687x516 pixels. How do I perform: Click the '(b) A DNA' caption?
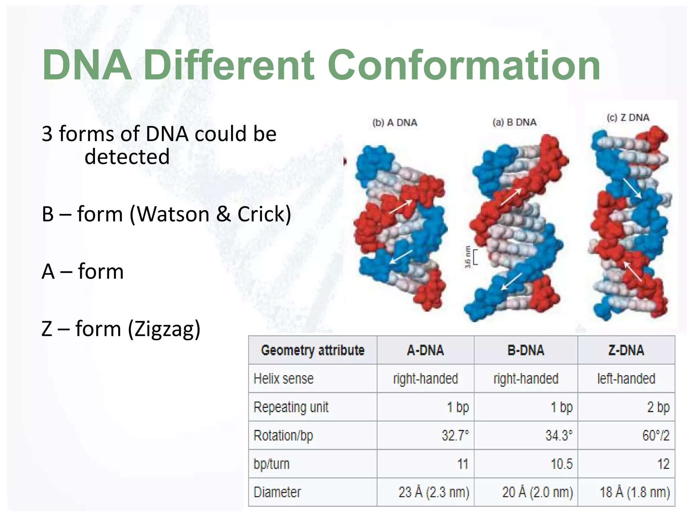[395, 123]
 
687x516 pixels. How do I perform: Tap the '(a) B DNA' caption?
[515, 122]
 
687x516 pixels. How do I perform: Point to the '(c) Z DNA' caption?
[628, 118]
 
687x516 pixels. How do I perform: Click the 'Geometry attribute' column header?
[313, 350]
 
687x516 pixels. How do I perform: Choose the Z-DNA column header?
[626, 350]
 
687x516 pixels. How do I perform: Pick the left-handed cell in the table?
[626, 379]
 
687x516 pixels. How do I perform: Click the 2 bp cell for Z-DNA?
[658, 407]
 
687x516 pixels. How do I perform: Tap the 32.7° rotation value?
[455, 435]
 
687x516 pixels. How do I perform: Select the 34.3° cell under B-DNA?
[559, 435]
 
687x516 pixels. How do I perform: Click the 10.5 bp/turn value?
[561, 464]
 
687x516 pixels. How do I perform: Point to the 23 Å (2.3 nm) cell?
[434, 492]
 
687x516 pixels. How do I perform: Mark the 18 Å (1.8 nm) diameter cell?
[635, 492]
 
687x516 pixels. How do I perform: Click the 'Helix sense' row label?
[283, 379]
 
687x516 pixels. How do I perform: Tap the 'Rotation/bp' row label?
[283, 435]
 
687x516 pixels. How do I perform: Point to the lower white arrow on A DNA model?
[401, 257]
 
